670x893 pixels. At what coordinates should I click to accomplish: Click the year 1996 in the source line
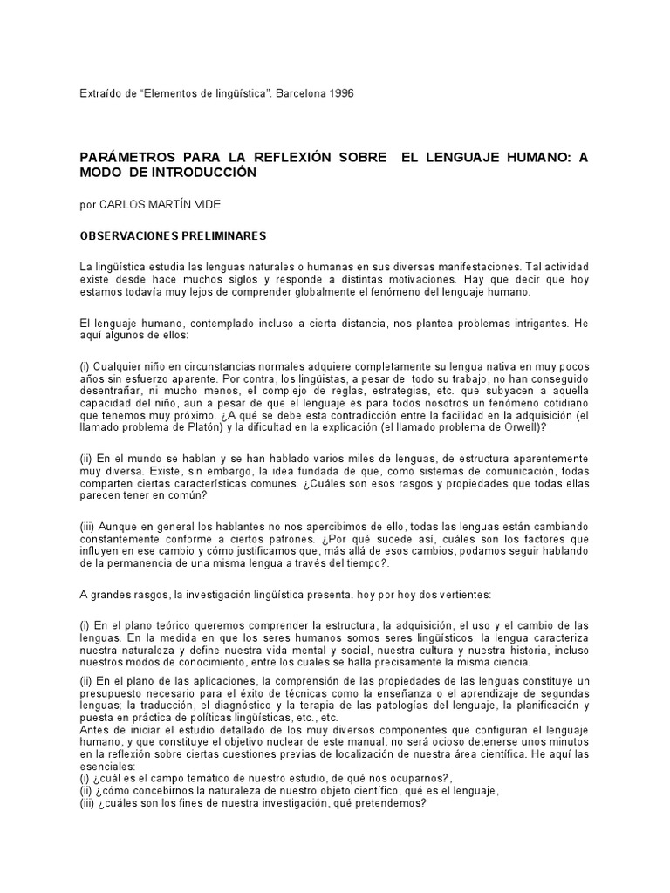click(341, 92)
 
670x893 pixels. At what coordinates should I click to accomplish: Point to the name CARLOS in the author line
click(123, 205)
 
